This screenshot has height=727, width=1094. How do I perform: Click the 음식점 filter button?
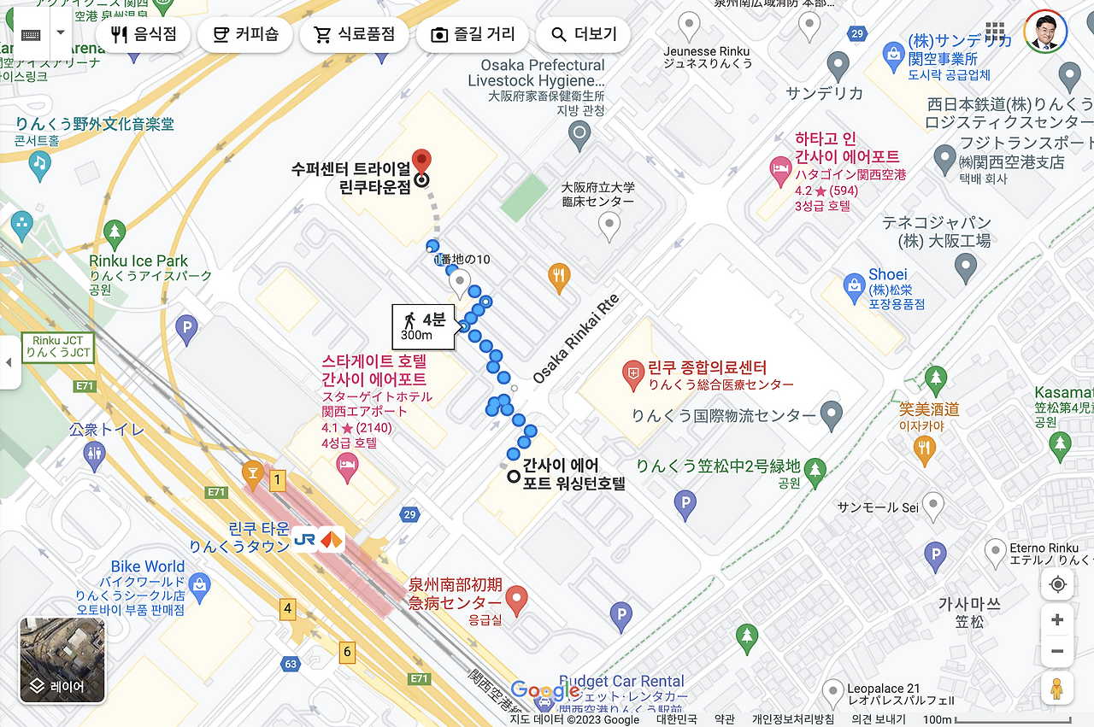click(143, 35)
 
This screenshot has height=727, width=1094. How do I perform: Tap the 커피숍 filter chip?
click(244, 35)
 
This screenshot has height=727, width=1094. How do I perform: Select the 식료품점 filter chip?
click(354, 35)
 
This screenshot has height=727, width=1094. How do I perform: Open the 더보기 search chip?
click(584, 35)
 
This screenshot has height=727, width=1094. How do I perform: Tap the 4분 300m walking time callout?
click(424, 326)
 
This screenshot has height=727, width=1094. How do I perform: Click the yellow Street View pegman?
click(1057, 687)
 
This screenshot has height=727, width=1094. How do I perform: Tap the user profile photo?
click(1045, 33)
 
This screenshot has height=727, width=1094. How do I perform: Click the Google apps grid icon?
click(995, 33)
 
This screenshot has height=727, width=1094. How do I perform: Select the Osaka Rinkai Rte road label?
click(574, 339)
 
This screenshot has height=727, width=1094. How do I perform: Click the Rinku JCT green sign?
click(58, 347)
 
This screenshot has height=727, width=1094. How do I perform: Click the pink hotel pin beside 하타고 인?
click(779, 169)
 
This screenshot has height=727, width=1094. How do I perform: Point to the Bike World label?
click(147, 566)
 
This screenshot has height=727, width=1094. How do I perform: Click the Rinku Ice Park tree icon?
click(115, 232)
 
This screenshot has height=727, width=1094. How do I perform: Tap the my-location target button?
click(1057, 584)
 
